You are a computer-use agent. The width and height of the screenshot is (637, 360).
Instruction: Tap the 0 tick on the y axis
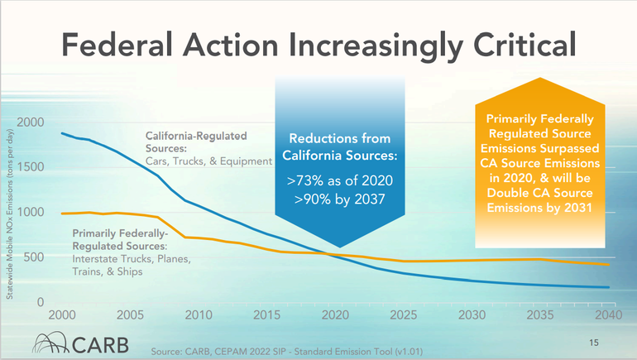pos(40,302)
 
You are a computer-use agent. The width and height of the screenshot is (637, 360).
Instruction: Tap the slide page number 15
pos(592,342)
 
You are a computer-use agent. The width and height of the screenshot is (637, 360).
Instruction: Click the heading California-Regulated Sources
pos(197,141)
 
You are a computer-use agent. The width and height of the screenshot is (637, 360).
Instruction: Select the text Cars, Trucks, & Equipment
pos(209,161)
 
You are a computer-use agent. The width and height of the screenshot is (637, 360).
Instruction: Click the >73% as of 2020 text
pos(339,180)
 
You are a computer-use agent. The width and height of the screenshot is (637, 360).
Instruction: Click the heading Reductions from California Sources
pos(339,147)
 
